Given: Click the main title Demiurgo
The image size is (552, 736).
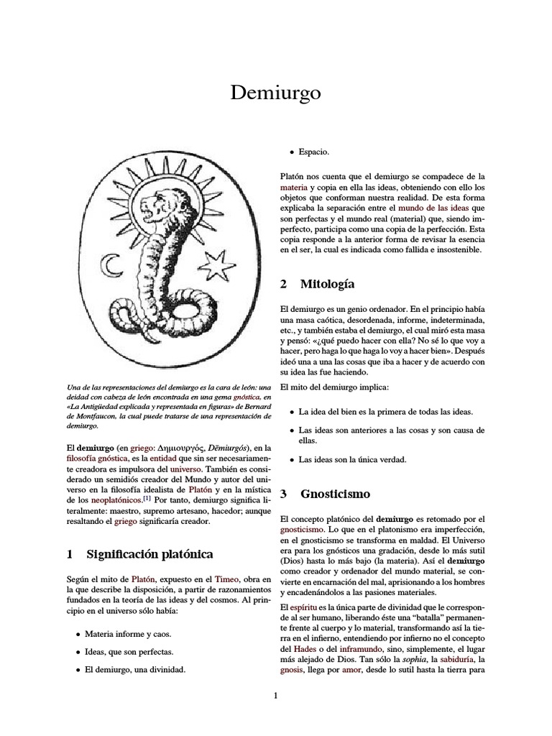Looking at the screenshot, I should pos(275,93).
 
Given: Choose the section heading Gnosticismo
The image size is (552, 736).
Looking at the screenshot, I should pos(334,494).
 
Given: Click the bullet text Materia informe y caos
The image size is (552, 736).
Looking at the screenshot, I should pos(128,634).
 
